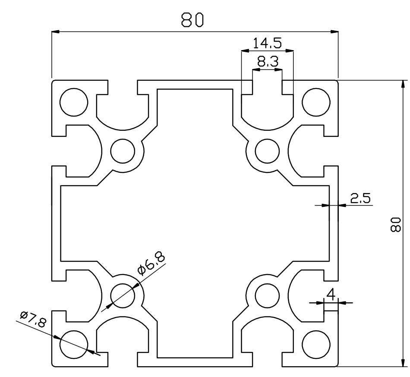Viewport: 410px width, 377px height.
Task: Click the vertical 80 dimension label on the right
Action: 395,224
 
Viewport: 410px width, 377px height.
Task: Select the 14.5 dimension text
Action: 267,43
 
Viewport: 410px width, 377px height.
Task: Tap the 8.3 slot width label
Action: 268,62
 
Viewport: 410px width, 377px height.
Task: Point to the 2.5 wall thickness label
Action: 360,198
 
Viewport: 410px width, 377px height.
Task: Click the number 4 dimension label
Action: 331,295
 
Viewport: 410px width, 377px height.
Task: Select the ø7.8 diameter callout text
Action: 33,319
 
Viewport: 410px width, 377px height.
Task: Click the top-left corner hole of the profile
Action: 74,102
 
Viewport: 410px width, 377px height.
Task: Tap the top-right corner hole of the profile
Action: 316,102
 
